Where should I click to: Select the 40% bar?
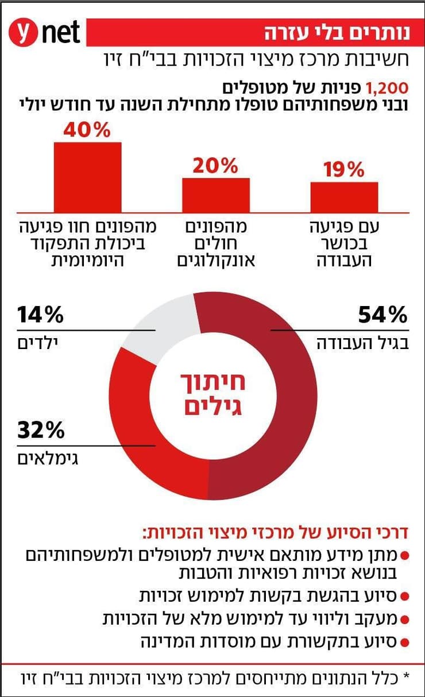pos(87,177)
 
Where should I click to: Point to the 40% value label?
pos(87,130)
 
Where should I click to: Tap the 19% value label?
pos(344,170)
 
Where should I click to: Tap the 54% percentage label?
pos(382,315)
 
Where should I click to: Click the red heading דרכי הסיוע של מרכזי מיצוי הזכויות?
pos(275,532)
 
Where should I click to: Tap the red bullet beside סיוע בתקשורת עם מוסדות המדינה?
pos(404,642)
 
